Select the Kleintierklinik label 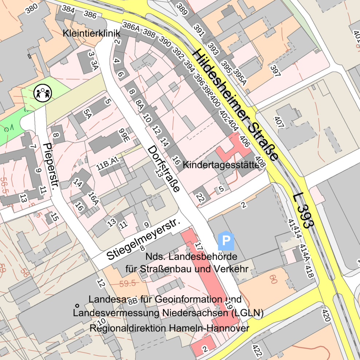pos(91,34)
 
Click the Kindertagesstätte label pos(223,165)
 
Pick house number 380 pos(32,8)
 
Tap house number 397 pos(275,71)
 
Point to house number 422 pos(257,350)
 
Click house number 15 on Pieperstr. pos(55,217)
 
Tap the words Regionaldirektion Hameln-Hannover pos(169,328)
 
